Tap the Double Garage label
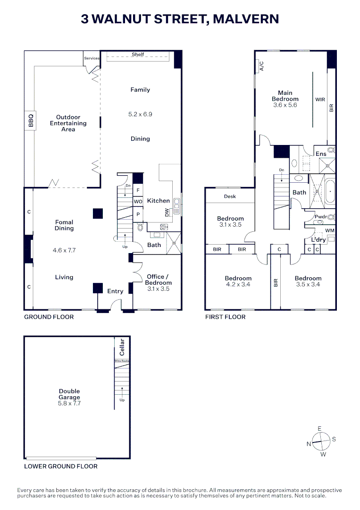click(69, 394)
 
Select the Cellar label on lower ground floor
click(122, 347)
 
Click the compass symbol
click(321, 442)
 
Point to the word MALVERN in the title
click(246, 19)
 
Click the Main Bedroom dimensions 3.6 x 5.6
click(285, 105)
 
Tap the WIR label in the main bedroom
click(320, 100)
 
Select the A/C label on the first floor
click(261, 67)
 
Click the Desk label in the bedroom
click(230, 196)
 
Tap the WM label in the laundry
click(330, 230)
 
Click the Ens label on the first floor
click(321, 154)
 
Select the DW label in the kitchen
click(167, 212)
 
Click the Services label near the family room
click(92, 59)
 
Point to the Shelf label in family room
click(138, 55)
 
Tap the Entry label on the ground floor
click(115, 291)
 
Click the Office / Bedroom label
click(158, 280)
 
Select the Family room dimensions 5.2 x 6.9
click(140, 114)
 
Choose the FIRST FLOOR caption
click(225, 317)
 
